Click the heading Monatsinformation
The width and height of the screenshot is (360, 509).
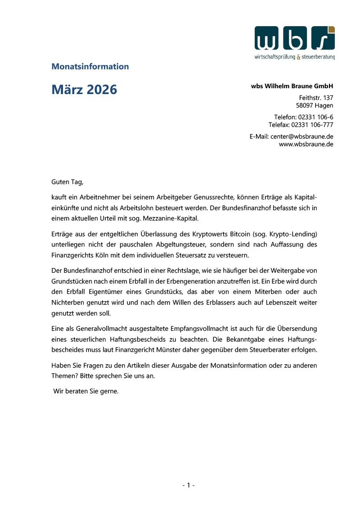pos(90,67)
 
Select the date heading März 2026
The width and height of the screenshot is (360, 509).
pos(84,90)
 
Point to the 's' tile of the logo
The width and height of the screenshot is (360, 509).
pos(323,38)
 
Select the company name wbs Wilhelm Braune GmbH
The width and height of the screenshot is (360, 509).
pos(292,86)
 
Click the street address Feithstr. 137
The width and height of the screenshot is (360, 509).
pos(316,98)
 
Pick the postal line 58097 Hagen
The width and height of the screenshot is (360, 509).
pos(315,106)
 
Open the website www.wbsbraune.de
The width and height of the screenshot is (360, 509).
pos(306,144)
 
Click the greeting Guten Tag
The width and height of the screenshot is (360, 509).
pos(67,182)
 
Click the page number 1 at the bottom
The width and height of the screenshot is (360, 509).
pos(188,485)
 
